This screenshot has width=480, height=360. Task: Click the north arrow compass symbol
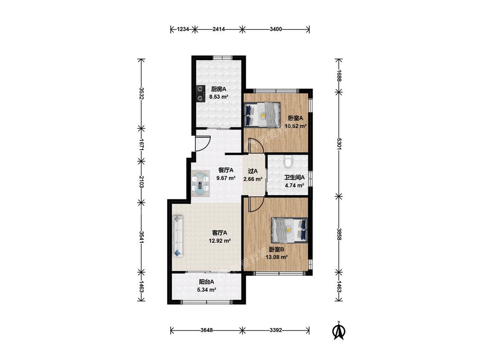click(x=339, y=331)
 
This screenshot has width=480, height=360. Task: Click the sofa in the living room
click(x=178, y=236)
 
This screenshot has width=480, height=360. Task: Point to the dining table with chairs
click(x=201, y=184)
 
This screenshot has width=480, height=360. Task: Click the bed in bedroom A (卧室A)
click(x=262, y=114)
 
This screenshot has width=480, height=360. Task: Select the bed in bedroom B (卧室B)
click(x=289, y=230)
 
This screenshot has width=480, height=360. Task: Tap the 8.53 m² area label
click(x=219, y=97)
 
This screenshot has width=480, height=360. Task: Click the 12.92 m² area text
click(x=219, y=241)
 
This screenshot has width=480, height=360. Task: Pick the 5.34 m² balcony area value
click(x=207, y=290)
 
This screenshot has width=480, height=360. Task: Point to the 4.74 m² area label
click(x=294, y=185)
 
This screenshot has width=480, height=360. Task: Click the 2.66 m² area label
click(x=253, y=179)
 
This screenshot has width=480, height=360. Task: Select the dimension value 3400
click(x=276, y=29)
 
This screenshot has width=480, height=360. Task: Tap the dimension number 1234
click(x=183, y=29)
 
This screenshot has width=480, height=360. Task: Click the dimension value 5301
click(x=339, y=144)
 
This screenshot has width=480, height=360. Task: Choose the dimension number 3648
click(x=207, y=330)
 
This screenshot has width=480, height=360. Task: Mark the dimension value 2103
click(x=141, y=182)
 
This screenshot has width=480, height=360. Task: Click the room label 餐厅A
click(x=226, y=170)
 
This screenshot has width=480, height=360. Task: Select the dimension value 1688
click(x=339, y=75)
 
